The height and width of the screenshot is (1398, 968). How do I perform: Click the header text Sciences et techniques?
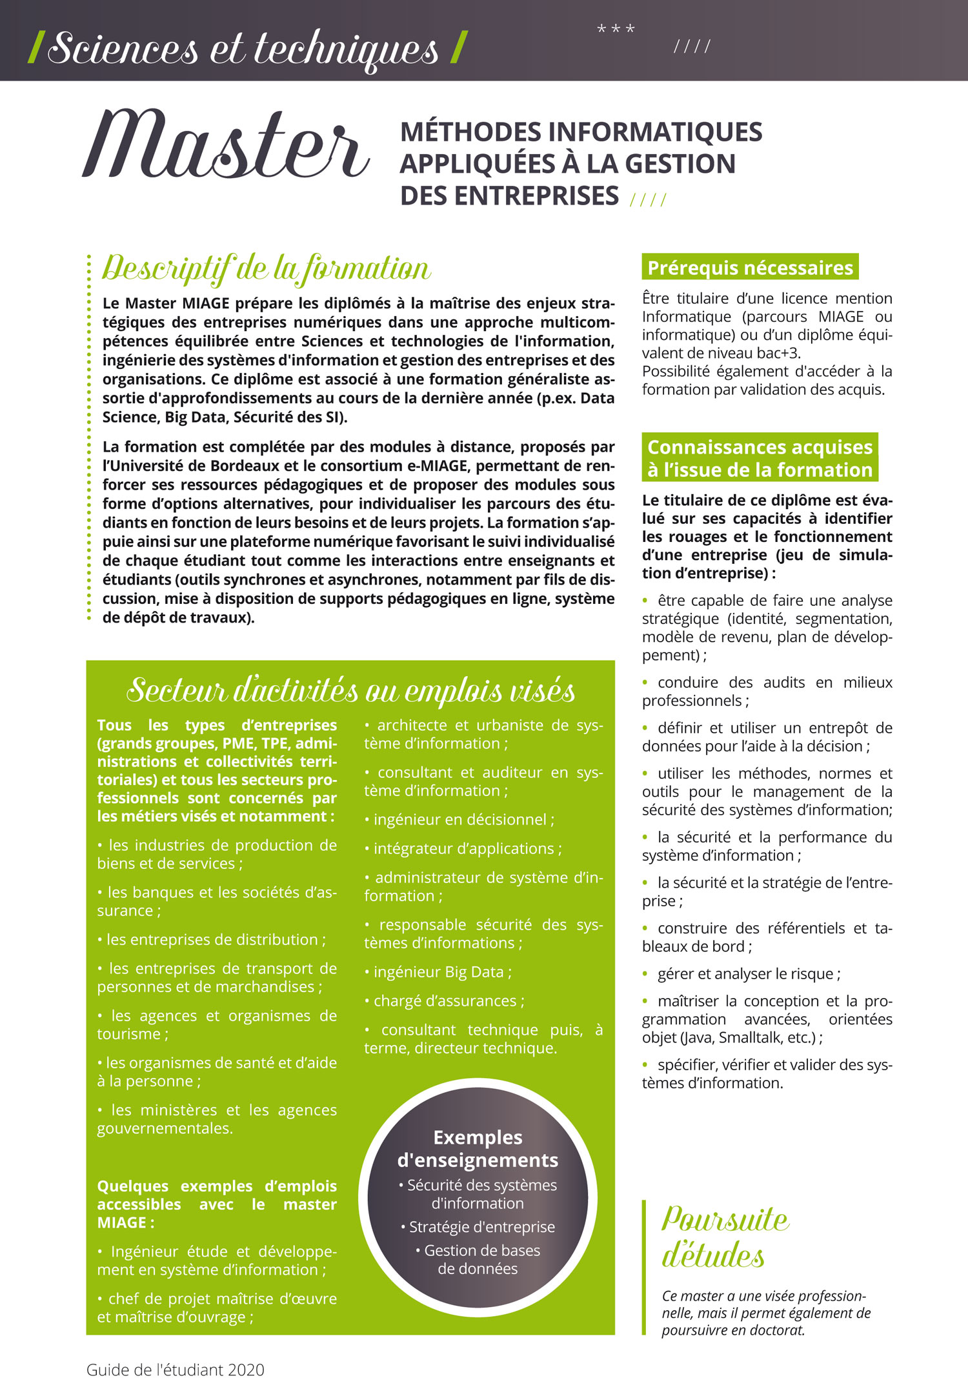pyautogui.click(x=243, y=48)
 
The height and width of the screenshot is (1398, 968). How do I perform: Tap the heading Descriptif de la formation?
pyautogui.click(x=266, y=268)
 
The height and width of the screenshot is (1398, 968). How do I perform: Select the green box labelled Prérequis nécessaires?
pyautogui.click(x=750, y=268)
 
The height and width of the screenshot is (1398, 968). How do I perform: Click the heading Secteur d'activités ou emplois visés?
pyautogui.click(x=350, y=690)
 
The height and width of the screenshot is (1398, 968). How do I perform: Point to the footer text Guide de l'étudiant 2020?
pyautogui.click(x=176, y=1370)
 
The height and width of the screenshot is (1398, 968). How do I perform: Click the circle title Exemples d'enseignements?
pyautogui.click(x=478, y=1149)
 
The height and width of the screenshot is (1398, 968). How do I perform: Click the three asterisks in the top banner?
pyautogui.click(x=616, y=30)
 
